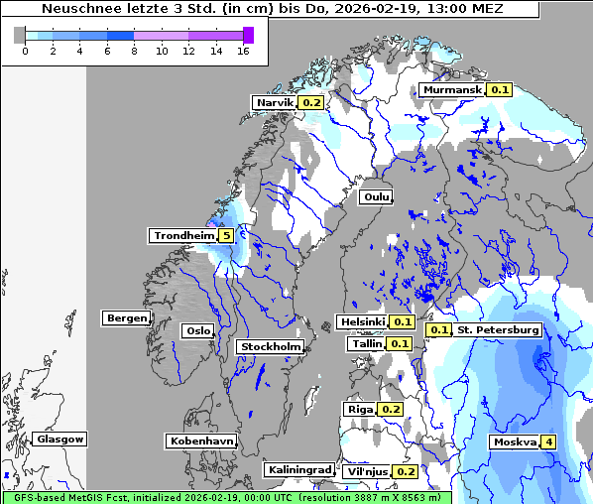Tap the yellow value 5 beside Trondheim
(x=227, y=236)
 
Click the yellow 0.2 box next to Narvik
(x=311, y=102)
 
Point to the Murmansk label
(x=451, y=90)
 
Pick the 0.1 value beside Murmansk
(x=499, y=90)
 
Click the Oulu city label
(x=376, y=196)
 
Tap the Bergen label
(x=125, y=318)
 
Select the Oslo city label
(x=197, y=331)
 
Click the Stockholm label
(x=270, y=347)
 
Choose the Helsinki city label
(x=362, y=322)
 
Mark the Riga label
(x=359, y=410)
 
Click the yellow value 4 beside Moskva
(x=548, y=441)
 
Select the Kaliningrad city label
(x=298, y=469)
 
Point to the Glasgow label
(x=59, y=439)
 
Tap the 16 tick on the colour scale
(x=242, y=51)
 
